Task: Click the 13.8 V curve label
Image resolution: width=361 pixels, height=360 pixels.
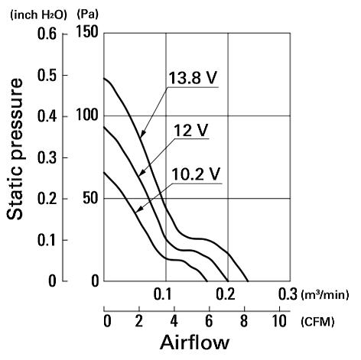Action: pyautogui.click(x=193, y=78)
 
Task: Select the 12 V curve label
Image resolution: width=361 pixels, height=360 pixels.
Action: pyautogui.click(x=190, y=130)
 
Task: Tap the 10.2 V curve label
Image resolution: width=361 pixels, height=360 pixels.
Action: pyautogui.click(x=196, y=174)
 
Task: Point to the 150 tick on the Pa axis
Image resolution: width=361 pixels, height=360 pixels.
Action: pyautogui.click(x=87, y=32)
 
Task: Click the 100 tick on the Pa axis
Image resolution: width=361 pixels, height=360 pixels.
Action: pyautogui.click(x=87, y=115)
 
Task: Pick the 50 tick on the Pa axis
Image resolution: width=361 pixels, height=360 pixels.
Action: pyautogui.click(x=90, y=198)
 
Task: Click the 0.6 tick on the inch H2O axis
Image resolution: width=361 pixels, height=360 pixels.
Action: pyautogui.click(x=47, y=34)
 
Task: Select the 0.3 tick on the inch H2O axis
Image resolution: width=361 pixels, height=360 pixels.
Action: pyautogui.click(x=47, y=158)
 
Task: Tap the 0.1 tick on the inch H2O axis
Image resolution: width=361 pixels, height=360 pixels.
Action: pyautogui.click(x=47, y=240)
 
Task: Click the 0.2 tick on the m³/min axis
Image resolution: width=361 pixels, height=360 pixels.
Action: pyautogui.click(x=226, y=294)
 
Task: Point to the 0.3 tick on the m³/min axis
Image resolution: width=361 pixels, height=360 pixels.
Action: pyautogui.click(x=288, y=294)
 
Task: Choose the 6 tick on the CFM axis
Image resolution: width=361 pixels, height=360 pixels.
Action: pyautogui.click(x=209, y=321)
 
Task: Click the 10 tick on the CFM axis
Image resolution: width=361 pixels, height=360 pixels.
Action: pyautogui.click(x=279, y=321)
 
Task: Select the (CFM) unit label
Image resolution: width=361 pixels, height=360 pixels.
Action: pyautogui.click(x=317, y=322)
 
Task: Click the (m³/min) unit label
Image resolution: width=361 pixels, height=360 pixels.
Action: pyautogui.click(x=325, y=295)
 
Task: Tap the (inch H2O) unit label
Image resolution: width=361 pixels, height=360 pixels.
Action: pyautogui.click(x=38, y=15)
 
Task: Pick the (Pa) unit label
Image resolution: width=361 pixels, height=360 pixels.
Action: pyautogui.click(x=87, y=15)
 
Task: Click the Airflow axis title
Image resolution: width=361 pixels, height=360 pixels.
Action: pyautogui.click(x=195, y=342)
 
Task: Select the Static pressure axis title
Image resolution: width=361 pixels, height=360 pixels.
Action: pyautogui.click(x=15, y=149)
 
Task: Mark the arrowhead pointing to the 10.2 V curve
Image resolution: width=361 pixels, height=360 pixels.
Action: pyautogui.click(x=139, y=209)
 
